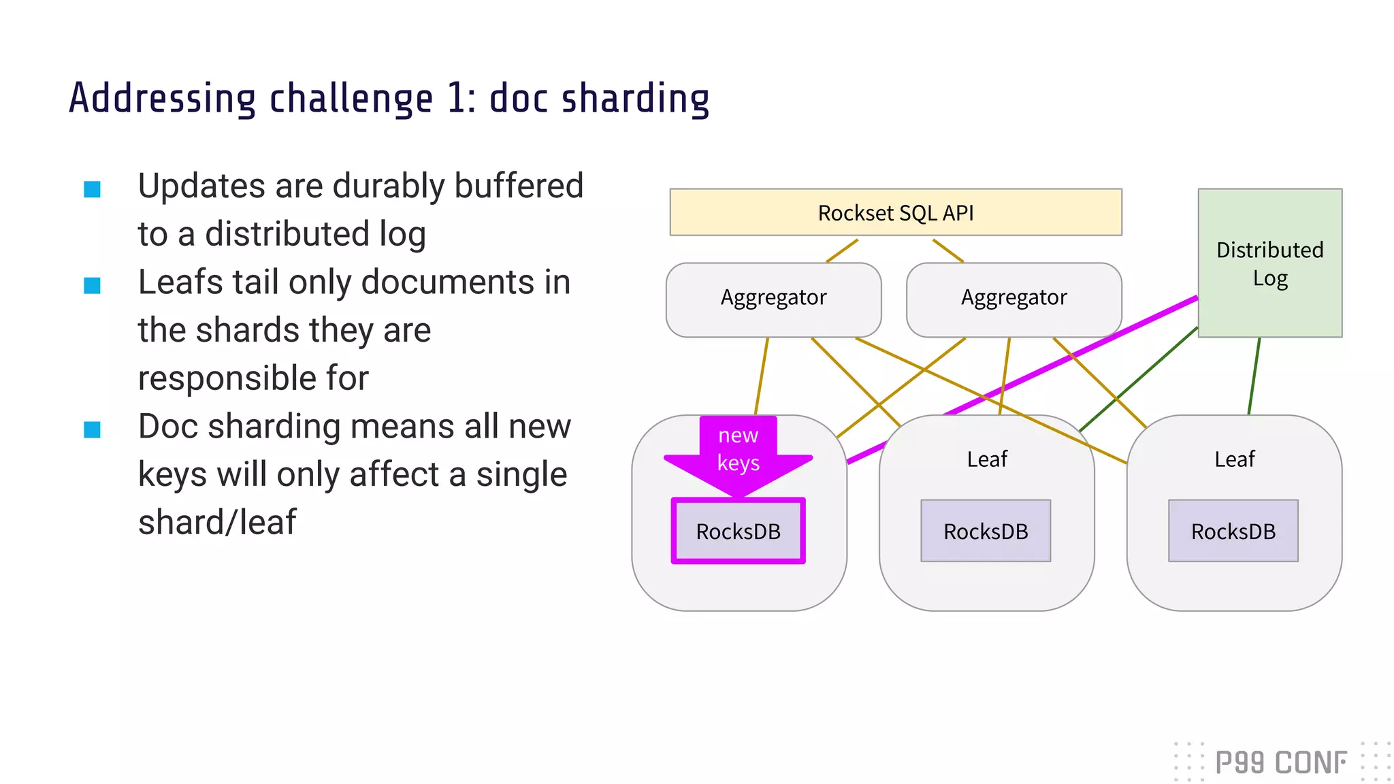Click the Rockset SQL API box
point(895,212)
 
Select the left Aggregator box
point(773,299)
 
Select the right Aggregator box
point(1014,299)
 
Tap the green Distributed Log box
point(1269,263)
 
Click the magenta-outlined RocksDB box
point(738,532)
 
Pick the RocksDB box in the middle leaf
point(985,532)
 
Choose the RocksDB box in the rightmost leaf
point(1233,532)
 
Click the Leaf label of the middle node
point(987,459)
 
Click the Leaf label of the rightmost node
point(1234,459)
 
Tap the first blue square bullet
point(92,189)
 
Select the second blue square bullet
point(92,285)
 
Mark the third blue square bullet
point(92,429)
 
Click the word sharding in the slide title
point(634,99)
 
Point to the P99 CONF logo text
point(1280,763)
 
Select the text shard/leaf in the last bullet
point(216,523)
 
